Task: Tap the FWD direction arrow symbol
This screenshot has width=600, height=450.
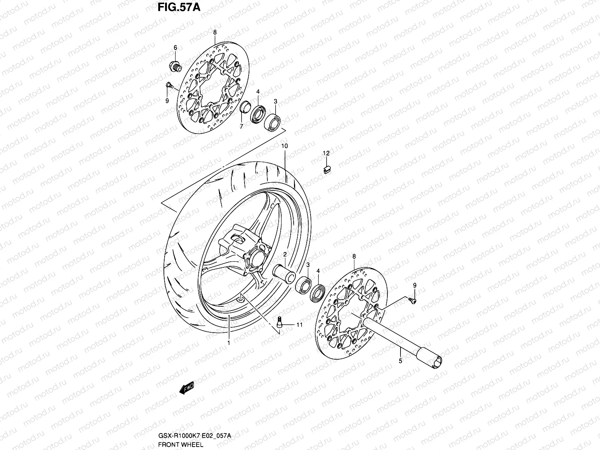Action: [186, 389]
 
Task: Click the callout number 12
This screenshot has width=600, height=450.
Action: [326, 153]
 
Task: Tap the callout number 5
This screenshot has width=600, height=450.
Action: [400, 361]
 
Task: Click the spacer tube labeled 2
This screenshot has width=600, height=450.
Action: [284, 271]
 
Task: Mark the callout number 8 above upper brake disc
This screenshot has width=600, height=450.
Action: [214, 33]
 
